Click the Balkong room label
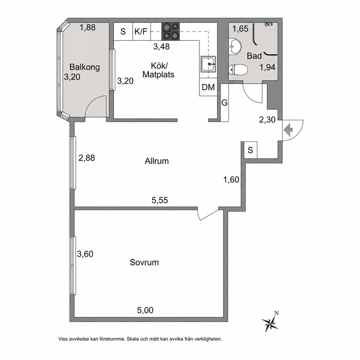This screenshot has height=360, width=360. (x=85, y=67)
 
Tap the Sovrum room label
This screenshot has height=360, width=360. (x=144, y=262)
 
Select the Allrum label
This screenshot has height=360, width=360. (x=156, y=161)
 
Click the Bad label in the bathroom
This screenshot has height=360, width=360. (x=254, y=56)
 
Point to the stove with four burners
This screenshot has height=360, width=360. (x=171, y=32)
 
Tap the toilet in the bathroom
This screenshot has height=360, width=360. (x=238, y=69)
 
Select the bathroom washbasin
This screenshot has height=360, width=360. (x=235, y=46)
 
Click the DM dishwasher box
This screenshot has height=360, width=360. (x=208, y=87)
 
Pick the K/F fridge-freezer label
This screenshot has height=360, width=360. (x=141, y=31)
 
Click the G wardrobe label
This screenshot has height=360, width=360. (x=224, y=103)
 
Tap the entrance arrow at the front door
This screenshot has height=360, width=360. (x=289, y=130)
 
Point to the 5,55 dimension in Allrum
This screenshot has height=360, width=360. (x=160, y=200)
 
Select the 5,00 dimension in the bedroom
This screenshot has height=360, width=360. (x=145, y=310)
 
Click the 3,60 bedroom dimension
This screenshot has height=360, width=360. (x=85, y=254)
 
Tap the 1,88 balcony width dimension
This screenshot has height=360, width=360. (x=87, y=28)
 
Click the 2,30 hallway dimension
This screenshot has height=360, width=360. (x=267, y=120)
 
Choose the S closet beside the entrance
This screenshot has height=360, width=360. (x=250, y=150)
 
